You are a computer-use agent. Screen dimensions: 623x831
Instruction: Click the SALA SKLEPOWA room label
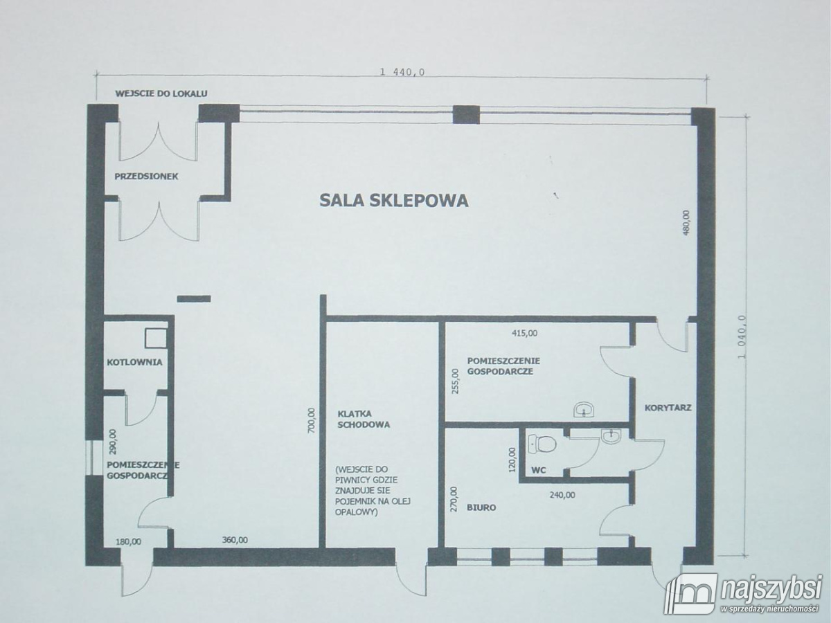tap(393, 201)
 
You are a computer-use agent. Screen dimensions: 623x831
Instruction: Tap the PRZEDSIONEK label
tap(146, 177)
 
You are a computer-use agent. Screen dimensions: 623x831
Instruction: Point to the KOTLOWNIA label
tap(135, 361)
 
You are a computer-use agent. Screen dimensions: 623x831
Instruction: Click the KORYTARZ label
tap(668, 408)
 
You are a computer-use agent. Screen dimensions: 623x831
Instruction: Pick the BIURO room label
tap(476, 507)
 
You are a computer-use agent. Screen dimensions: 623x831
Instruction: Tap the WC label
tap(539, 470)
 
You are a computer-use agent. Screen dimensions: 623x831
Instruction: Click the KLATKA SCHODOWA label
tap(364, 419)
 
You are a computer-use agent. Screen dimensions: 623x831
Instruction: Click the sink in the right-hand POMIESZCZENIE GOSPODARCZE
tap(585, 410)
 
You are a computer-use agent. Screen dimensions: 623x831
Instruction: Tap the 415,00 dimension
tap(524, 333)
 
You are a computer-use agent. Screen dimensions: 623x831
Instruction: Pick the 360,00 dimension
tap(235, 540)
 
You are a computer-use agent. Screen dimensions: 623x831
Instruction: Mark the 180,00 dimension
tap(129, 541)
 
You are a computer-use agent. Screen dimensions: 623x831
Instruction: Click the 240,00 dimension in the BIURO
tap(562, 494)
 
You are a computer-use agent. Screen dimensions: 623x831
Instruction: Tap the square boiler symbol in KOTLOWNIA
tap(155, 337)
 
